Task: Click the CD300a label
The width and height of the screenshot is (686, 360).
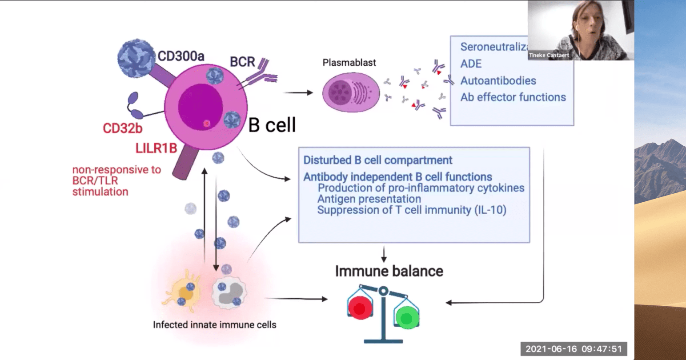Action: (x=181, y=56)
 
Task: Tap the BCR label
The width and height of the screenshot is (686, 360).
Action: (x=242, y=62)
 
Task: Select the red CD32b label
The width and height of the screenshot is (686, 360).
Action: (x=123, y=128)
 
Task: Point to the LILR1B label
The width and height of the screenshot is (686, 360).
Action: (x=156, y=148)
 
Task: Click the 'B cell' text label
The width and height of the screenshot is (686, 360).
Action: (x=272, y=125)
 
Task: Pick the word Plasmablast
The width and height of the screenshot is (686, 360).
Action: (x=349, y=63)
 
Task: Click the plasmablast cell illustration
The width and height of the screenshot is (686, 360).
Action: (x=351, y=92)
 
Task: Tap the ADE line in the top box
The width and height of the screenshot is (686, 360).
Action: (x=471, y=64)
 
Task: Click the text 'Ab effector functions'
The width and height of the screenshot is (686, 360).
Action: (x=513, y=97)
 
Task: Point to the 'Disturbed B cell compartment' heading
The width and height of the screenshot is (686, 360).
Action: (x=377, y=160)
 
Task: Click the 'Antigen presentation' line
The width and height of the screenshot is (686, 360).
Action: (x=369, y=199)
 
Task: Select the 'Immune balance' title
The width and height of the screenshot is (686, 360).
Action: (x=389, y=271)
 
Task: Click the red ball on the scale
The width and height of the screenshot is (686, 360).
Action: (x=360, y=308)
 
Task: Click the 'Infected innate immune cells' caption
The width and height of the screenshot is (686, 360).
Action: (x=214, y=325)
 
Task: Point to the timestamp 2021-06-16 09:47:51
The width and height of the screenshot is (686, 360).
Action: (x=574, y=349)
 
